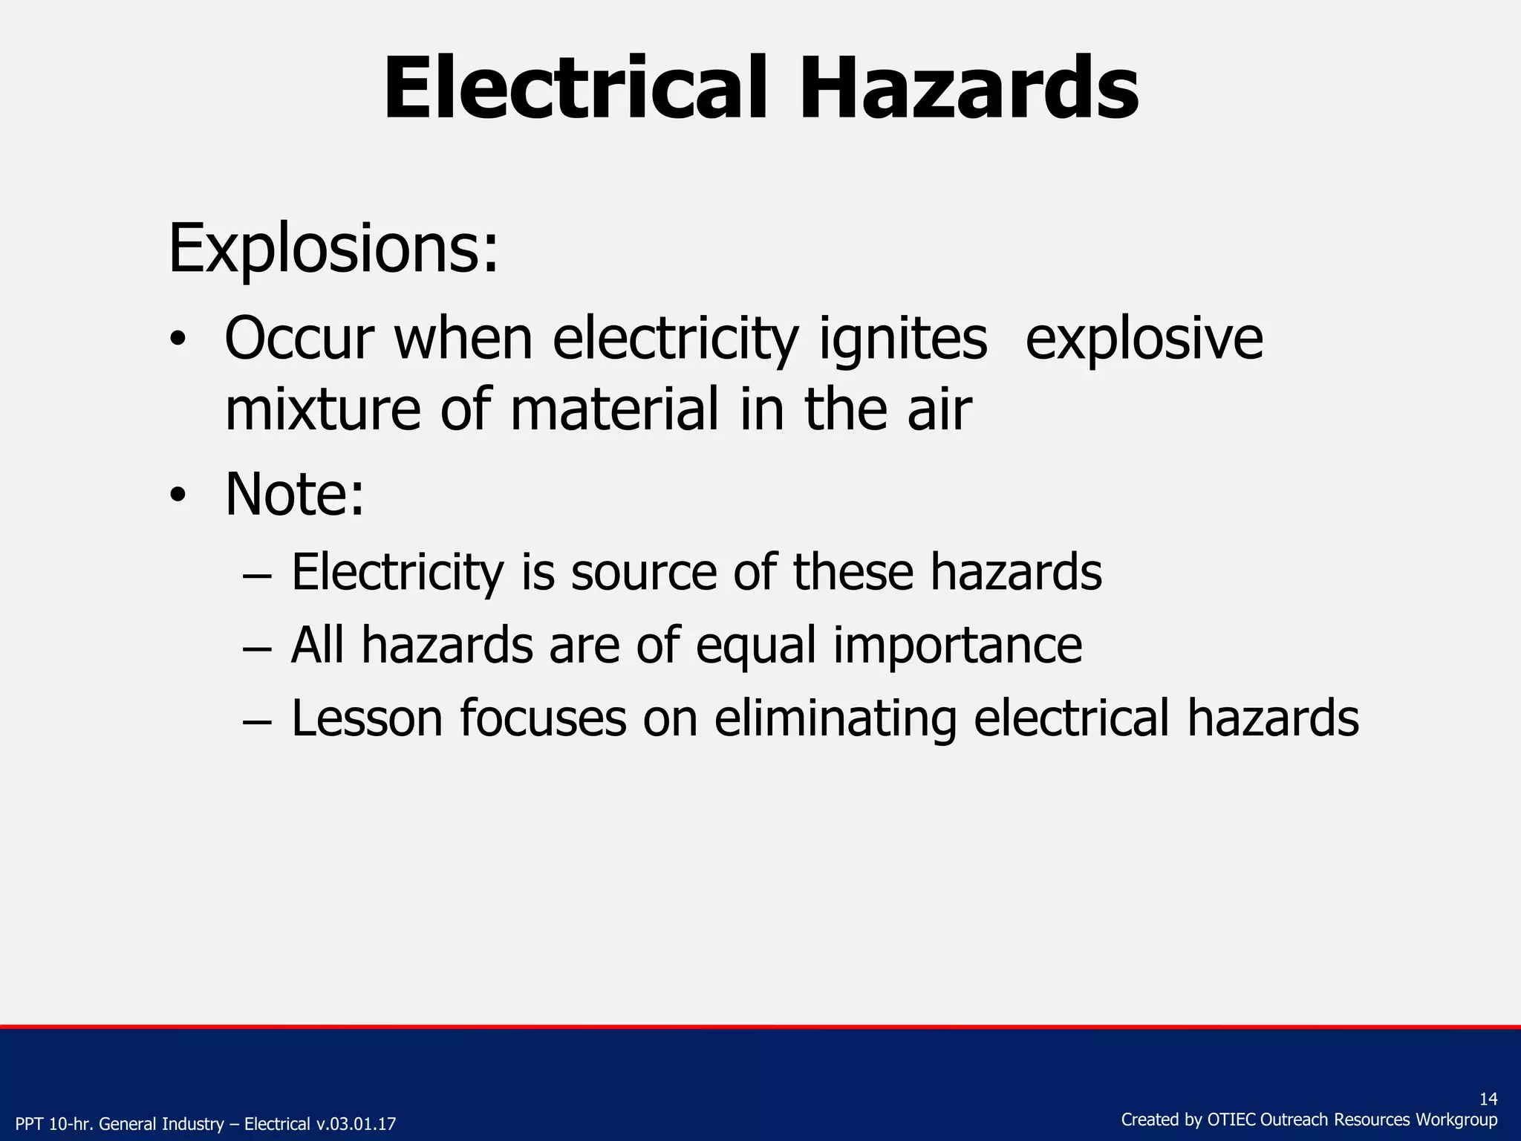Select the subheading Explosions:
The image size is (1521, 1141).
[333, 249]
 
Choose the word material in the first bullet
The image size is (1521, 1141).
[614, 410]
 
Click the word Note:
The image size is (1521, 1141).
[294, 495]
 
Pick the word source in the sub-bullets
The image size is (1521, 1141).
[643, 573]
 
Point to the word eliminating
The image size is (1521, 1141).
[835, 719]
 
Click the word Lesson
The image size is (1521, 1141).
[366, 718]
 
